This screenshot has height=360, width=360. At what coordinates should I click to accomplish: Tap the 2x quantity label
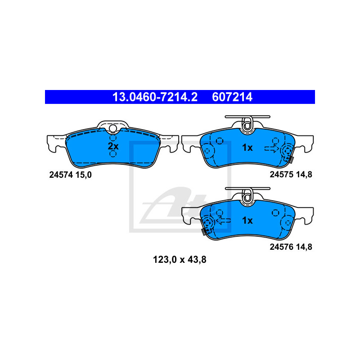tap(112, 146)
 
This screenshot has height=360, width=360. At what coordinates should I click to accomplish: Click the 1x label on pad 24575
tap(247, 147)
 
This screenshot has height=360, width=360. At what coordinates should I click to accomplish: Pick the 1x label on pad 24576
tap(247, 220)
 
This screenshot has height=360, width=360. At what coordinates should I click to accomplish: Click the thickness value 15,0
tap(84, 175)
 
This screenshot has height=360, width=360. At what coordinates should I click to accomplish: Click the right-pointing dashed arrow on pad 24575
tap(271, 148)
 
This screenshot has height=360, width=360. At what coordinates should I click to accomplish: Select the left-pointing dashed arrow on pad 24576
tap(223, 220)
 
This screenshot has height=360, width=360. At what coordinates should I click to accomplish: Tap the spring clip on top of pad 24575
tap(247, 124)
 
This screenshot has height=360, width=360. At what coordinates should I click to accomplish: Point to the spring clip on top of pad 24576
tap(247, 197)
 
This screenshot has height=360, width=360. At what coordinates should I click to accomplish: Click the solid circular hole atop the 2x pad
tap(112, 130)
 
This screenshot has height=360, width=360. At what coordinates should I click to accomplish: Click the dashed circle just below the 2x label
tap(112, 154)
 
